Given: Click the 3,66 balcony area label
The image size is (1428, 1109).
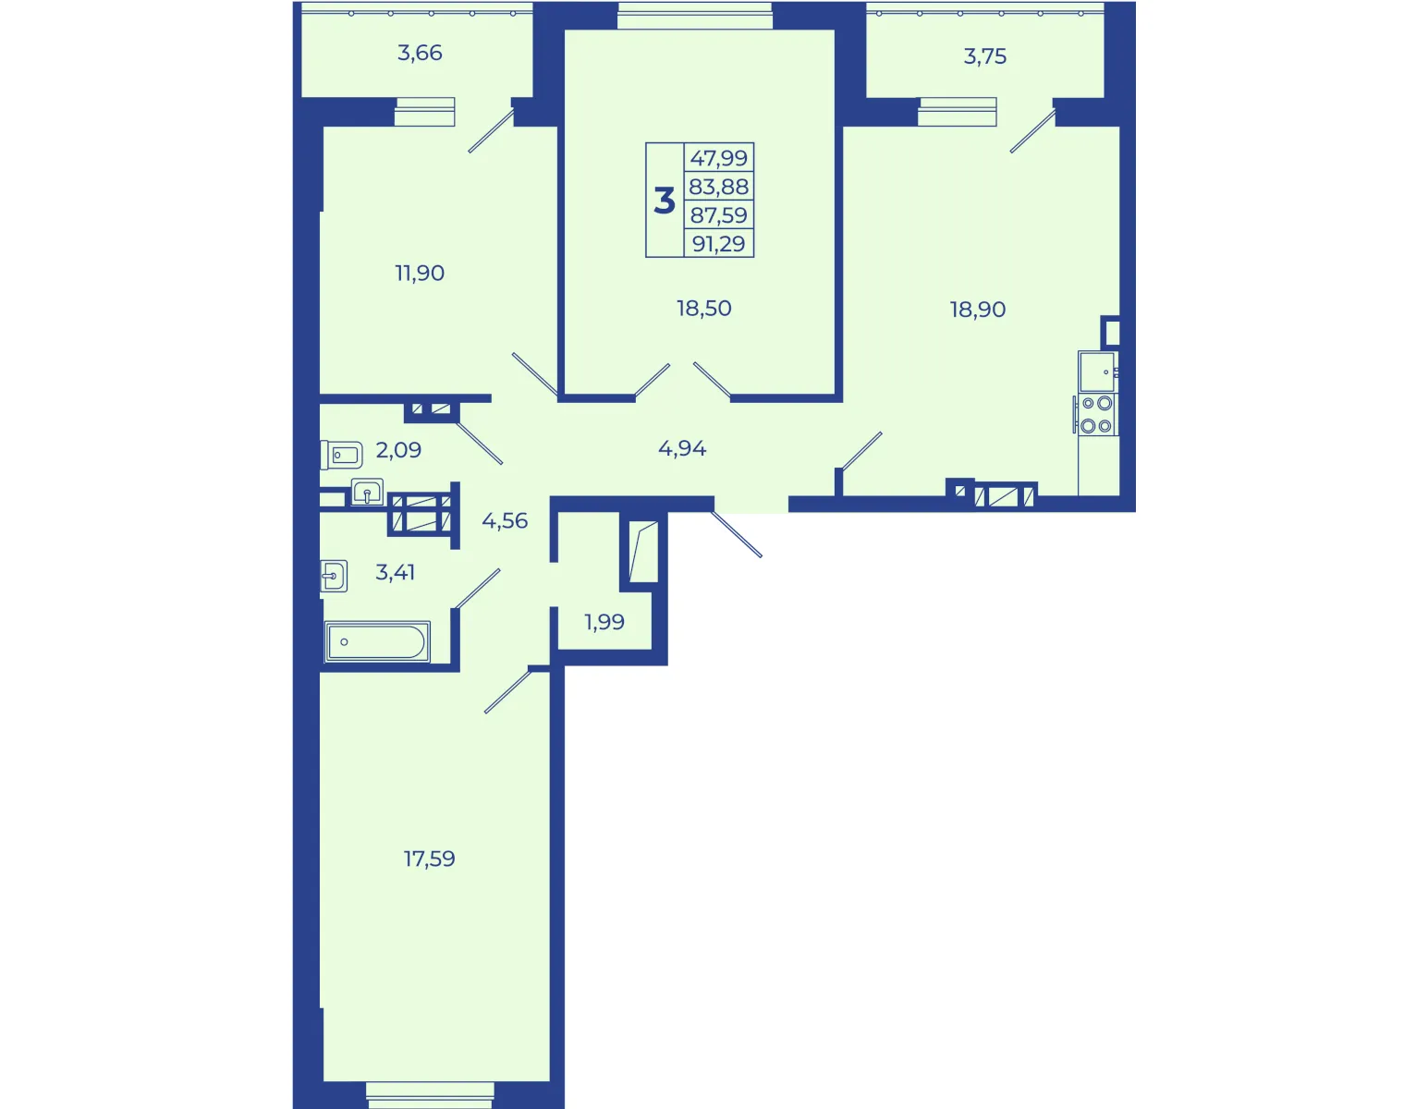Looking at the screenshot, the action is (420, 53).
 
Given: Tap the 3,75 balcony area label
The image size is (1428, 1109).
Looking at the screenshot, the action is (984, 56).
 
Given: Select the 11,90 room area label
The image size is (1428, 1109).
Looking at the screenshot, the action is (420, 273).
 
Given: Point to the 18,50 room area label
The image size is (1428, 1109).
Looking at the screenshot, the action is (703, 308).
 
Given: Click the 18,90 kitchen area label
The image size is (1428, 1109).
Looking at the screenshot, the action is (977, 310).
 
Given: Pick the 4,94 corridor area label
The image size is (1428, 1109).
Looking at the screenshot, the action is (682, 449).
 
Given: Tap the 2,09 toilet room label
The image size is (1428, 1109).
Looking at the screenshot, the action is (398, 450).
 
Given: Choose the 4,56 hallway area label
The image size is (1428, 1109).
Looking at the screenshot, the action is (505, 521).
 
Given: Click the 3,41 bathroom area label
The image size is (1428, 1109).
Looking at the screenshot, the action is (395, 572).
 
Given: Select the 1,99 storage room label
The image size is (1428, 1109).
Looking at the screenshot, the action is (604, 622).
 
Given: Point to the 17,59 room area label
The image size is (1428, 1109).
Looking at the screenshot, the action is (429, 859).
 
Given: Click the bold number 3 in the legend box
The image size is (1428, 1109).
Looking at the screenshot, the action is (665, 201).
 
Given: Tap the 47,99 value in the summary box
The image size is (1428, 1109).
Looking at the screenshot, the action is (719, 158).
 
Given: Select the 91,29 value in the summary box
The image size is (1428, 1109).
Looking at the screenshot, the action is (719, 244).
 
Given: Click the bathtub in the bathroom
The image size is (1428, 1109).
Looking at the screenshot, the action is (377, 641).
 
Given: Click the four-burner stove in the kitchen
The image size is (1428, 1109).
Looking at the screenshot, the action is (1096, 415).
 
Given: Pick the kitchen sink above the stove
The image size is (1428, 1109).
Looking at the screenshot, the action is (1097, 372).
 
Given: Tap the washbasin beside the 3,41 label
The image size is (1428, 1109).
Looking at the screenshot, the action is (334, 576).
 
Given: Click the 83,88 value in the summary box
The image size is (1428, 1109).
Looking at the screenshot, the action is (719, 187).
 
